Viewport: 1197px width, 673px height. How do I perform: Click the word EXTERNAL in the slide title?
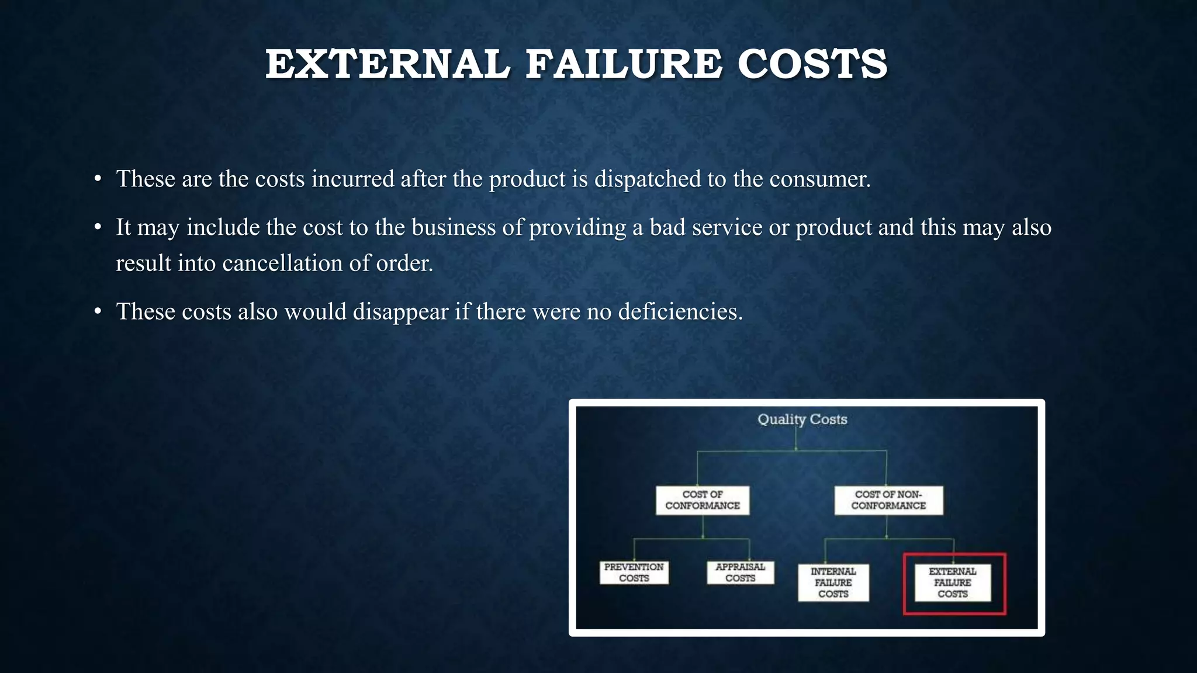388,64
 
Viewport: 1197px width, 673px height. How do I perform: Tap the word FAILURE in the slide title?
624,64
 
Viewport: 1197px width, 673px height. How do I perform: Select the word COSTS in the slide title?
812,64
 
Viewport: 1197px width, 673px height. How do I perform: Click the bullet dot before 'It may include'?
98,227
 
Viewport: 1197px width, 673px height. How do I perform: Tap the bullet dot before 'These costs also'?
98,311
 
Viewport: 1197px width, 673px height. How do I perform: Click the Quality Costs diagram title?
802,419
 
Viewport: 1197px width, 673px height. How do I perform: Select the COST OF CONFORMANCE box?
703,500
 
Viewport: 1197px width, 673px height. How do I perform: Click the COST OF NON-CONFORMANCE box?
888,500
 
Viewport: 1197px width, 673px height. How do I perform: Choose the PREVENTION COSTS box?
634,573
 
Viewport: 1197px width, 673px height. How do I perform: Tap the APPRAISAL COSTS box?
741,573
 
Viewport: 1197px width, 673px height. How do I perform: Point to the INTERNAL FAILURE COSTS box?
833,582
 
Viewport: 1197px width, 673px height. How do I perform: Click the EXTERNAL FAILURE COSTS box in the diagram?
953,582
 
